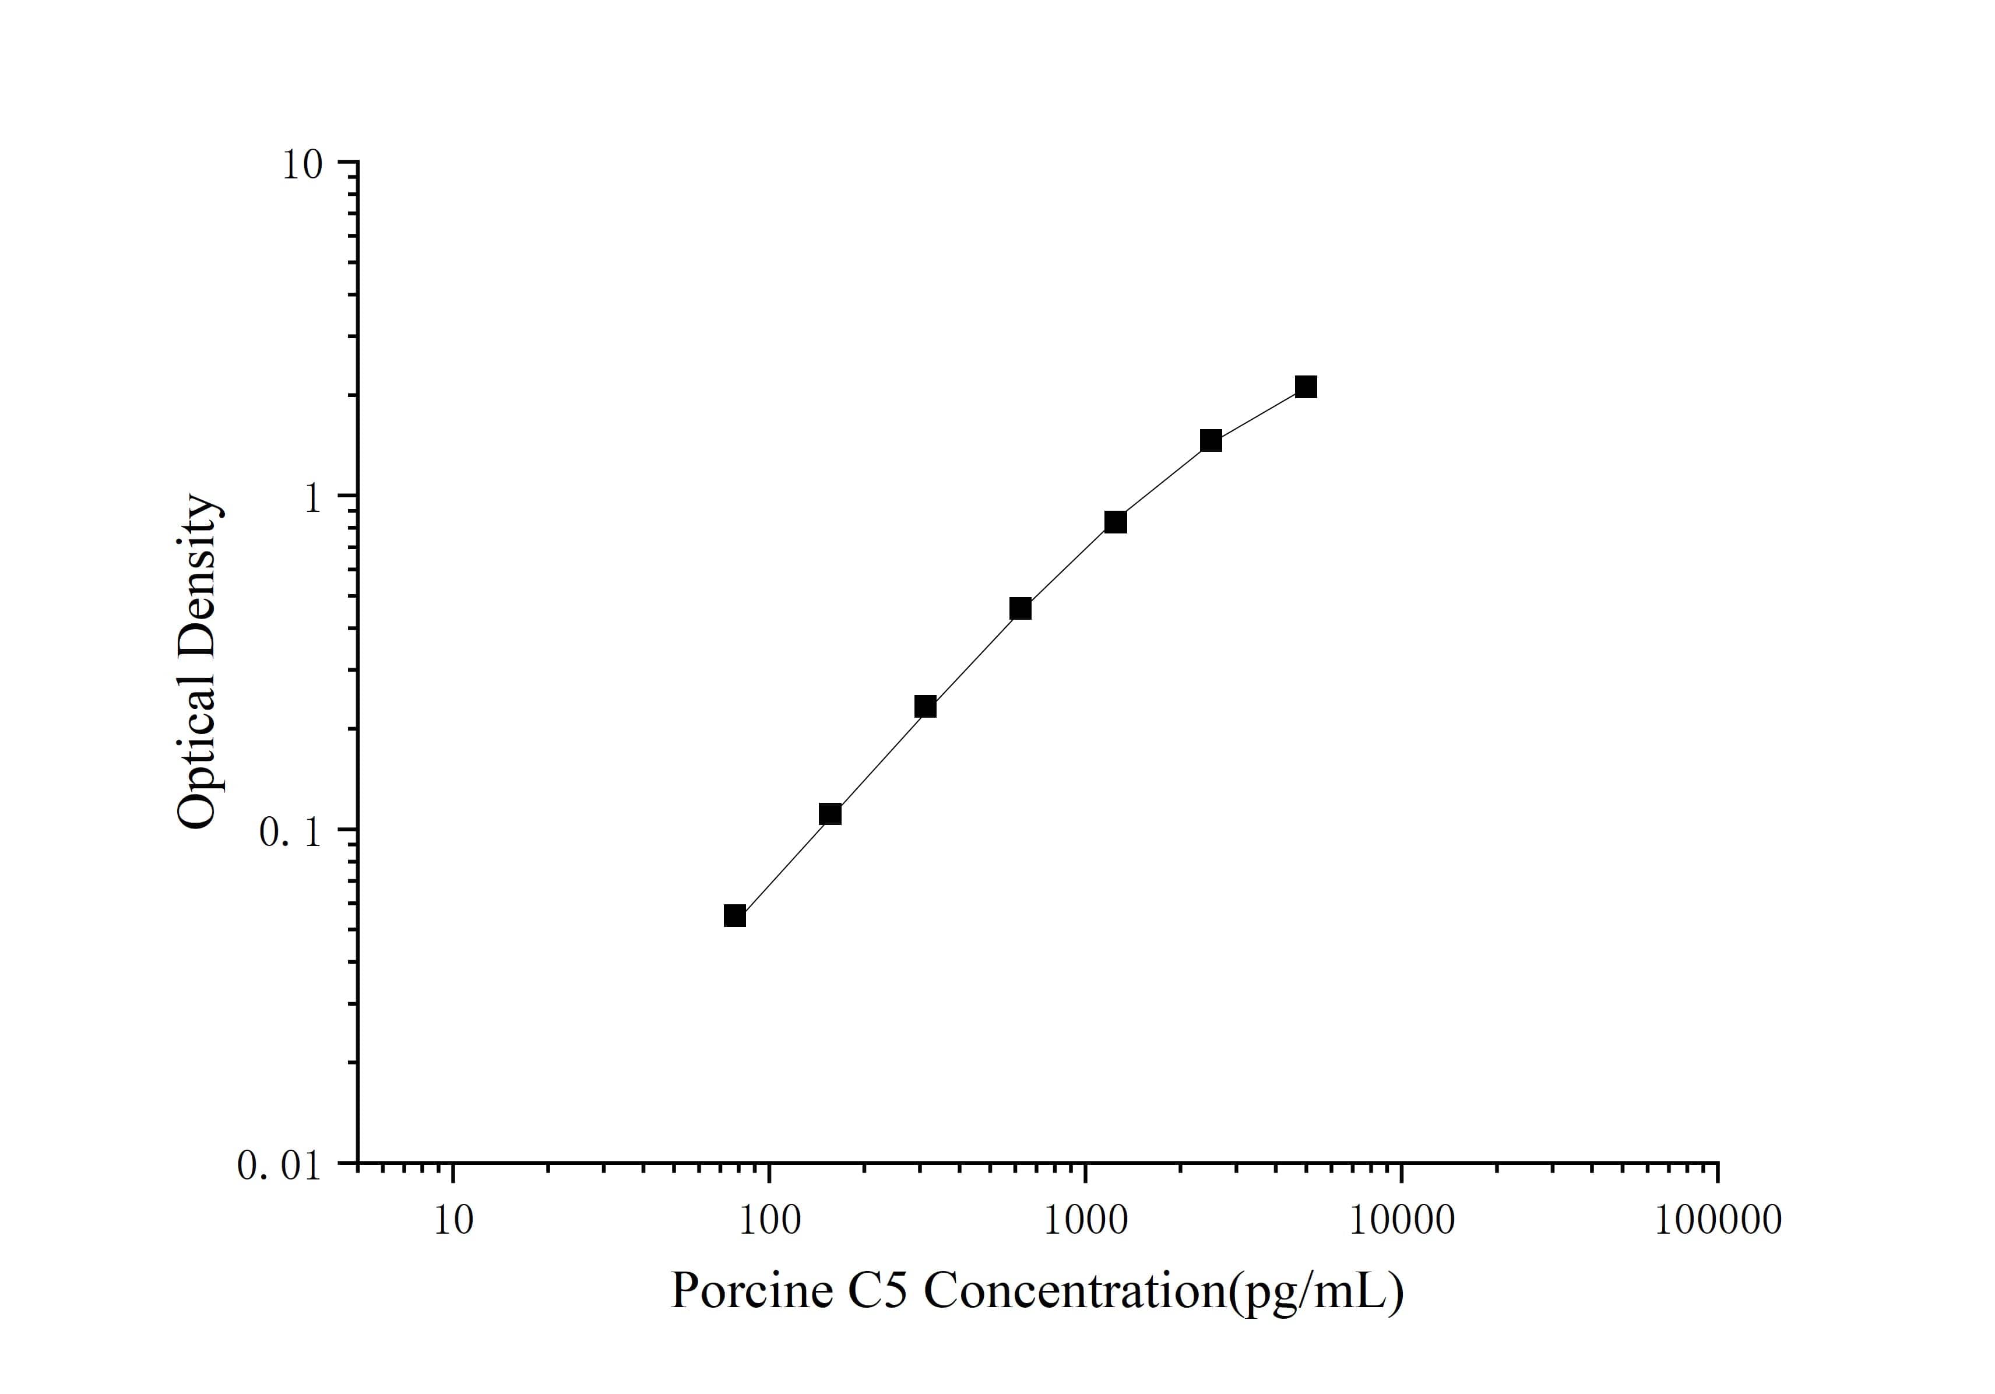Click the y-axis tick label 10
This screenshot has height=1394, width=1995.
coord(301,165)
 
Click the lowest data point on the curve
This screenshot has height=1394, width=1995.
coord(735,916)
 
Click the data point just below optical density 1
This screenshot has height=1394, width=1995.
coord(1116,521)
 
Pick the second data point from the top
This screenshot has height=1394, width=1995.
coord(1211,441)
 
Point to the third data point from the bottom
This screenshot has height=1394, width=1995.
coord(926,707)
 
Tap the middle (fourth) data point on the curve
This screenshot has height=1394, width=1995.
coord(1021,608)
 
